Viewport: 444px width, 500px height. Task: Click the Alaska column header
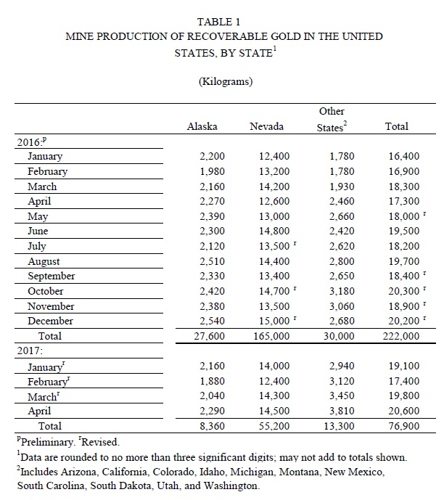pos(202,126)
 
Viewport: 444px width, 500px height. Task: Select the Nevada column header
pos(266,126)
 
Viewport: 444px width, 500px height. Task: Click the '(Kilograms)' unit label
pos(225,81)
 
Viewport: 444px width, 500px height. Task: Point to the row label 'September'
pos(52,276)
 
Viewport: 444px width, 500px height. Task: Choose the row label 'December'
pos(50,321)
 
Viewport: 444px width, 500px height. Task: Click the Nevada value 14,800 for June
pos(274,231)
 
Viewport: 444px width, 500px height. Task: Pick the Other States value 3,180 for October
pos(342,291)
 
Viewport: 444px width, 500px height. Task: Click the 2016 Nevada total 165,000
pos(271,336)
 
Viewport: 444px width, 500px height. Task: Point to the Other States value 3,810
pos(342,411)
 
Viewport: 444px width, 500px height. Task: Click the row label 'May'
pos(38,217)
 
